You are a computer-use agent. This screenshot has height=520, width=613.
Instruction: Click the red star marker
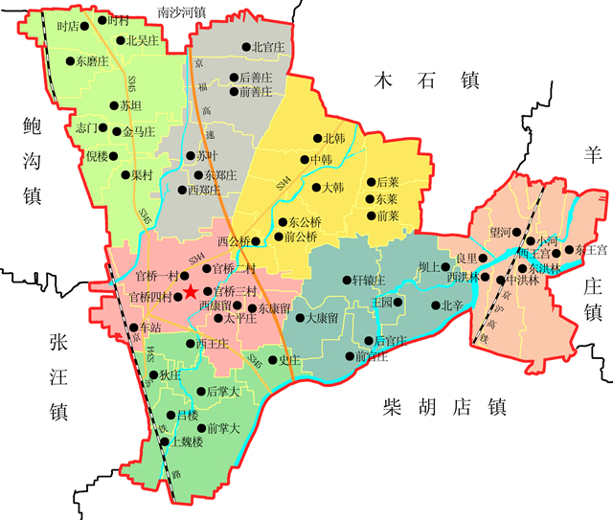(192, 291)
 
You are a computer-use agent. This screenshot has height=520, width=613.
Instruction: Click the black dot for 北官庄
(245, 46)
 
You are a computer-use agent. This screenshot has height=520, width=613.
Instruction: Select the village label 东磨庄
(96, 60)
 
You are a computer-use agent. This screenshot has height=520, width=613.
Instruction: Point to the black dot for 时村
(102, 20)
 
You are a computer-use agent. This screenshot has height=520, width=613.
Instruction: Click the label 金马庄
(137, 131)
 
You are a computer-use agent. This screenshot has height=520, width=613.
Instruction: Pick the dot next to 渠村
(124, 175)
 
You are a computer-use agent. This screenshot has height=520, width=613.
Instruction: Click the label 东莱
(388, 199)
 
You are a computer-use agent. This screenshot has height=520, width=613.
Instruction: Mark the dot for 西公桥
(257, 240)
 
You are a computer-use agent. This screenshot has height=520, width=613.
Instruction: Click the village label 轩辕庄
(370, 280)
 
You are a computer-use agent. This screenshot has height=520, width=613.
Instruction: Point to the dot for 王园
(397, 303)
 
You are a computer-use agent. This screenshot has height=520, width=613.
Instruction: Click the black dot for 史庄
(271, 360)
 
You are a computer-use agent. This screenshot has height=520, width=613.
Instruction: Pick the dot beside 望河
(517, 233)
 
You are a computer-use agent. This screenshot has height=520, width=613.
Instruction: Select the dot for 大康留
(298, 317)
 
